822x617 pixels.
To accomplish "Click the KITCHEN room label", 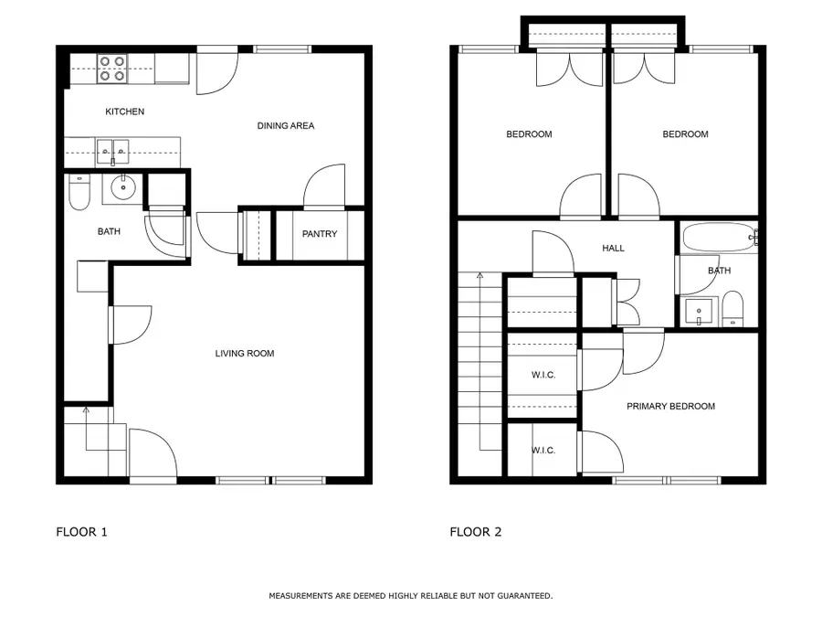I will (x=125, y=112).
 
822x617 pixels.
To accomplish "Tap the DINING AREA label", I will (x=285, y=125).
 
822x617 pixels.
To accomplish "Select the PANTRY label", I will (x=320, y=234).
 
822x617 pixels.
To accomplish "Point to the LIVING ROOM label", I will (x=244, y=353).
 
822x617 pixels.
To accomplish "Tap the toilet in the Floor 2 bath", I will (x=732, y=309).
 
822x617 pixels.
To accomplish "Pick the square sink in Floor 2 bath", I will (x=700, y=311).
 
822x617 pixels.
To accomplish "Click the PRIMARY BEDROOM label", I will (x=670, y=406).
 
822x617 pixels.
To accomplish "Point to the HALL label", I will (x=613, y=248).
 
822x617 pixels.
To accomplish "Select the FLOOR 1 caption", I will (x=82, y=532).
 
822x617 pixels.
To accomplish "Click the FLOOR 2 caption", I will (x=475, y=532).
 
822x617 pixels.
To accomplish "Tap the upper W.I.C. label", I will (x=543, y=376).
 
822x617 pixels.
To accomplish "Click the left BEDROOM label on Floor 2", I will (x=529, y=134).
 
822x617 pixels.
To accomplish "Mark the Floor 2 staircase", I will (x=479, y=366).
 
